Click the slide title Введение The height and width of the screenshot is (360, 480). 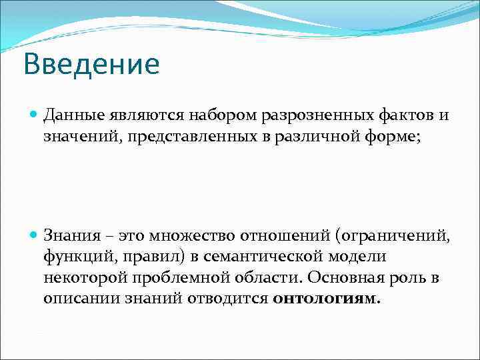click(91, 65)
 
